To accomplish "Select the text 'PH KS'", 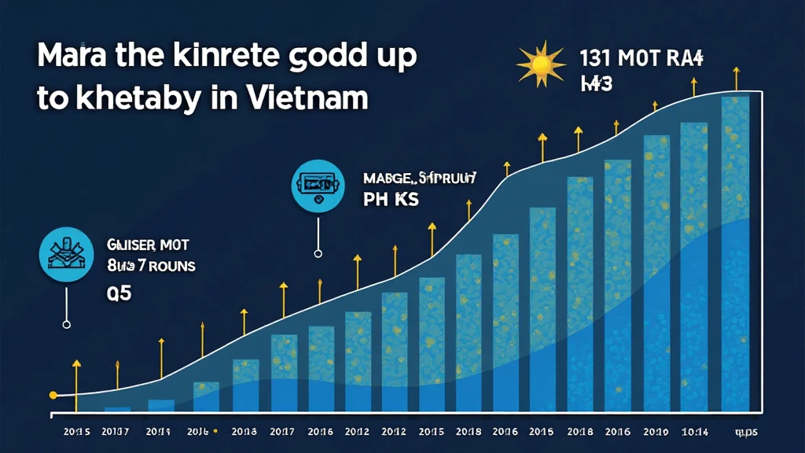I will click(391, 200).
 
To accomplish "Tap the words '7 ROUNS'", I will click(164, 267).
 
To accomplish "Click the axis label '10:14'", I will click(693, 431).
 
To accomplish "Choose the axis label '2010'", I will click(656, 431).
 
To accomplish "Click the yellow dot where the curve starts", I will click(53, 395).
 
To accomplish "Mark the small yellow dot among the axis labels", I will click(215, 431).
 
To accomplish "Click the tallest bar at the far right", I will click(735, 252).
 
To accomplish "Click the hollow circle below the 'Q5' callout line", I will click(66, 324).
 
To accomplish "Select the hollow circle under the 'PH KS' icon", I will click(318, 253).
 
